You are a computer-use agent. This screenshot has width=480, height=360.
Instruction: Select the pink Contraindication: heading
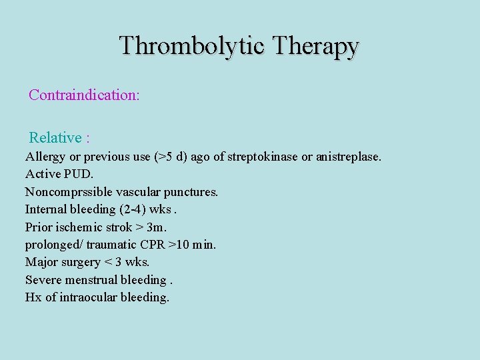click(x=84, y=95)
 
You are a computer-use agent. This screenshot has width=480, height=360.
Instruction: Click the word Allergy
click(x=45, y=157)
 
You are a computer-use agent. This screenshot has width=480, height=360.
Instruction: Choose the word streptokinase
click(x=262, y=157)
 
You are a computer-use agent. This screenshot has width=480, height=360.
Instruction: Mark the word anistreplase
click(x=348, y=157)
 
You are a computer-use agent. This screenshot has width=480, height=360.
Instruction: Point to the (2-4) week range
click(x=136, y=209)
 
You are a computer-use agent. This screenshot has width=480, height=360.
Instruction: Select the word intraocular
click(x=89, y=297)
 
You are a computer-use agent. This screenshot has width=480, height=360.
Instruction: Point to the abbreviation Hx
click(x=33, y=297)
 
